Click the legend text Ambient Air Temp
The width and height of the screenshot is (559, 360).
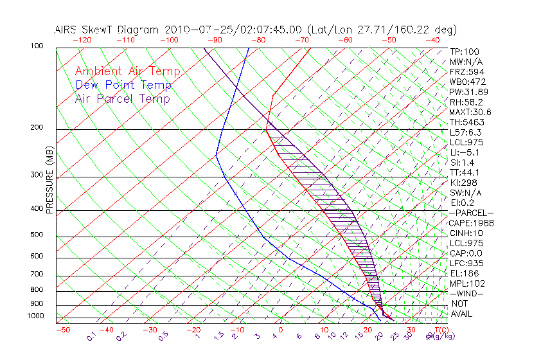(x=127, y=71)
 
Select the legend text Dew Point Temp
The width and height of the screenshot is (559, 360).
(x=123, y=85)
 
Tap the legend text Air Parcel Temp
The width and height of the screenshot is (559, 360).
(x=123, y=98)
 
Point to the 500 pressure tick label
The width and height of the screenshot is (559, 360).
(x=36, y=235)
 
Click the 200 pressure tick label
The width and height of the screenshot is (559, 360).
(x=36, y=127)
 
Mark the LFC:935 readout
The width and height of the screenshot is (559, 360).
(x=467, y=263)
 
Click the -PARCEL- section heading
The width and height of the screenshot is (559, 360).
(x=471, y=213)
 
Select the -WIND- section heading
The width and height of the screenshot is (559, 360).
(x=466, y=293)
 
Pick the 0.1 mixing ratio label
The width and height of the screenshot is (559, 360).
(x=92, y=336)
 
